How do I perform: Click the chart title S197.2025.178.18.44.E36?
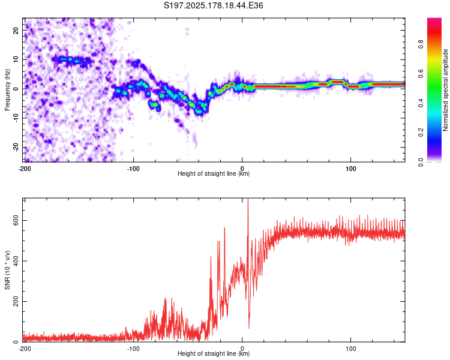click(x=213, y=5)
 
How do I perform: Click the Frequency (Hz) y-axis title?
click(x=7, y=90)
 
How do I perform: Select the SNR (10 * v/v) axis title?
click(x=7, y=270)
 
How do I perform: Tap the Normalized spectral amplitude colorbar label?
click(x=445, y=90)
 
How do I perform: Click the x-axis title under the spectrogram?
click(x=214, y=173)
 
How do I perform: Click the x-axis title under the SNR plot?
click(x=214, y=353)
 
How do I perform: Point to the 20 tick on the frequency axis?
click(x=16, y=31)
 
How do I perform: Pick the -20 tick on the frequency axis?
click(x=16, y=148)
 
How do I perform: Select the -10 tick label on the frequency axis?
click(x=16, y=118)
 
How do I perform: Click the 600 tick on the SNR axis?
click(x=16, y=220)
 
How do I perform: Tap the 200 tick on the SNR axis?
click(x=16, y=301)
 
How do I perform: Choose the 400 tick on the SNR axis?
click(x=16, y=261)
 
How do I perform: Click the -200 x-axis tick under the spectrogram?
click(x=25, y=169)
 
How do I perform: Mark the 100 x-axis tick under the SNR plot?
click(x=351, y=349)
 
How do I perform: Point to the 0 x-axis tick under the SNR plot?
click(x=242, y=349)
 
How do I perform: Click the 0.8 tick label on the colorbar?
click(x=421, y=44)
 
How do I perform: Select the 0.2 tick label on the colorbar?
click(x=421, y=133)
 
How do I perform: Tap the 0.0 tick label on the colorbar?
click(x=421, y=162)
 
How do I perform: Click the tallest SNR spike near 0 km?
click(x=248, y=201)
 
